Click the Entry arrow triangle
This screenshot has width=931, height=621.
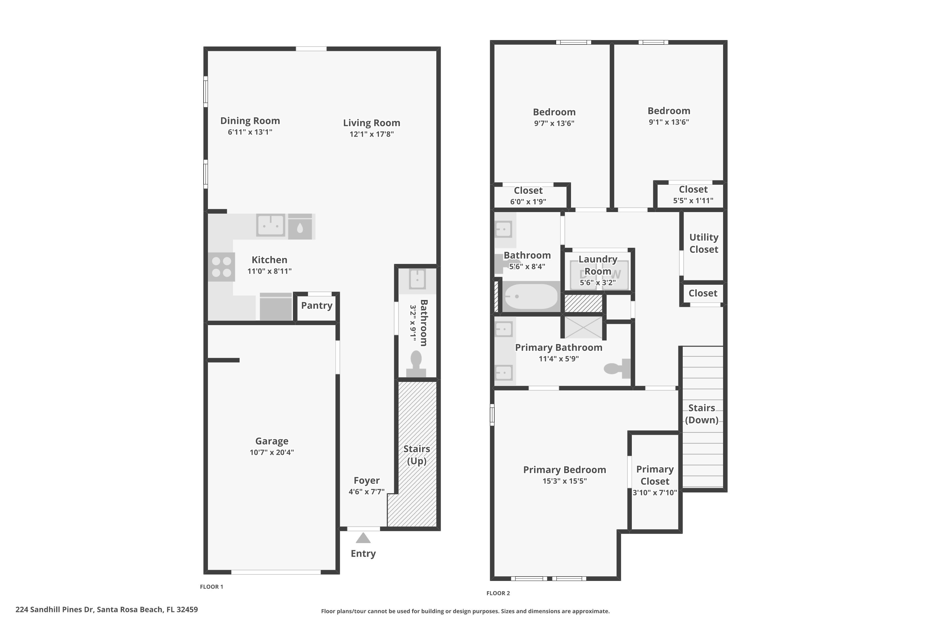tap(363, 538)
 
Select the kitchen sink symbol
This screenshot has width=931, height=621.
tap(270, 225)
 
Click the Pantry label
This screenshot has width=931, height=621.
tap(317, 305)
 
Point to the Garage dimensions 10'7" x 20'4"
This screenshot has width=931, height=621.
tap(272, 452)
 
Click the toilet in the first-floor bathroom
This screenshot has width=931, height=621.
tap(416, 364)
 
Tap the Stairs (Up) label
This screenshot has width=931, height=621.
tap(416, 455)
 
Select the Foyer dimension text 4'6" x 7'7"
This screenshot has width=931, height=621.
tap(366, 492)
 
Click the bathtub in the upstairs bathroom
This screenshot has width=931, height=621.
tap(531, 296)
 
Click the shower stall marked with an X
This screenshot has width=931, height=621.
tap(583, 327)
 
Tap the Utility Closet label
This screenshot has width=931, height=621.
tap(704, 243)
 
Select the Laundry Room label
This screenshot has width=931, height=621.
tap(598, 265)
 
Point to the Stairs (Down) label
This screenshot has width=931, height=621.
tap(701, 414)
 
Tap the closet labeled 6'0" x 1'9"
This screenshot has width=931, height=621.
tap(528, 196)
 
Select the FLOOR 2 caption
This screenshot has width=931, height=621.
tap(498, 593)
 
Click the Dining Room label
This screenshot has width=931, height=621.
tap(250, 121)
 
